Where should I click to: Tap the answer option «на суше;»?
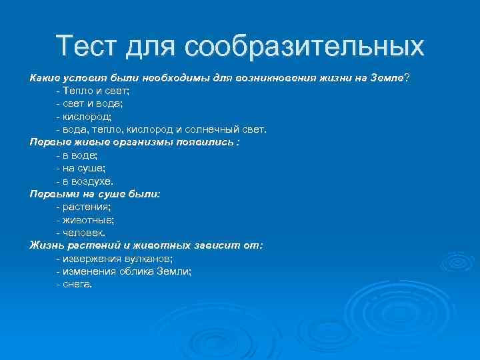81,167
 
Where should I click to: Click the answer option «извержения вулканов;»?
117,258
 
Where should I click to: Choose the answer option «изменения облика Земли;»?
126,271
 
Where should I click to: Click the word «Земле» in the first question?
386,78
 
